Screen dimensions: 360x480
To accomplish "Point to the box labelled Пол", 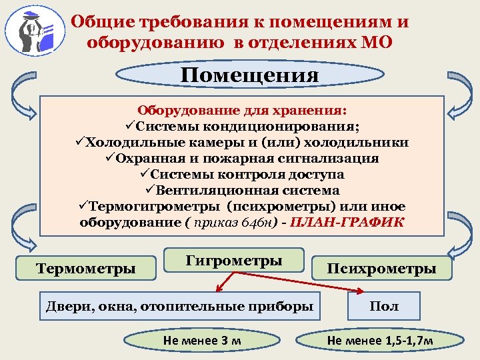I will (x=383, y=306).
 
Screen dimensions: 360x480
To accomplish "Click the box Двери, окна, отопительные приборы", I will (x=179, y=306).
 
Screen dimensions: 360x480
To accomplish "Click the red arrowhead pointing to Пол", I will (x=359, y=291).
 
